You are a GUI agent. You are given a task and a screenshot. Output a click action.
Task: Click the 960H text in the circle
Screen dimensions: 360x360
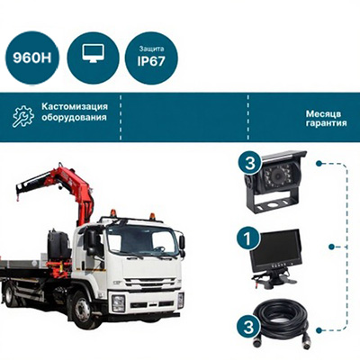pos(32,58)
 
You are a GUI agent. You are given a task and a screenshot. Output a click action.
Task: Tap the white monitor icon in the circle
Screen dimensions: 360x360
pos(93,54)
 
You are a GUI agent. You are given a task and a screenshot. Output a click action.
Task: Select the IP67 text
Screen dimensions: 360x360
pos(151,61)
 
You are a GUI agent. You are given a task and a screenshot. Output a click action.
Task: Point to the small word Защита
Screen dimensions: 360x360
pos(151,49)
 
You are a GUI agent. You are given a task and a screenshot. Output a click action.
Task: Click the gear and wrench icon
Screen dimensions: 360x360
pos(23,116)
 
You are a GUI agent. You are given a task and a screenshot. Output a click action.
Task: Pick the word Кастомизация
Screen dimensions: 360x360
pos(75,106)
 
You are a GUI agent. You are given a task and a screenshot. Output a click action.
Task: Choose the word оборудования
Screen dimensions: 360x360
pos(74,117)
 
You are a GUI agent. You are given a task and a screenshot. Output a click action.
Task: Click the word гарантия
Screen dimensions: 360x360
pos(327,123)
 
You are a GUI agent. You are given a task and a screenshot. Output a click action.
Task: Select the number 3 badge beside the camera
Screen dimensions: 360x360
pos(250,164)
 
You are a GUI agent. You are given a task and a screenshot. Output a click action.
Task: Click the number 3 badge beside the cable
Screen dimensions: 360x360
pos(248,326)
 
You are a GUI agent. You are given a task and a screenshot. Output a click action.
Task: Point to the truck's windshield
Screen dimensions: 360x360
pos(141,240)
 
